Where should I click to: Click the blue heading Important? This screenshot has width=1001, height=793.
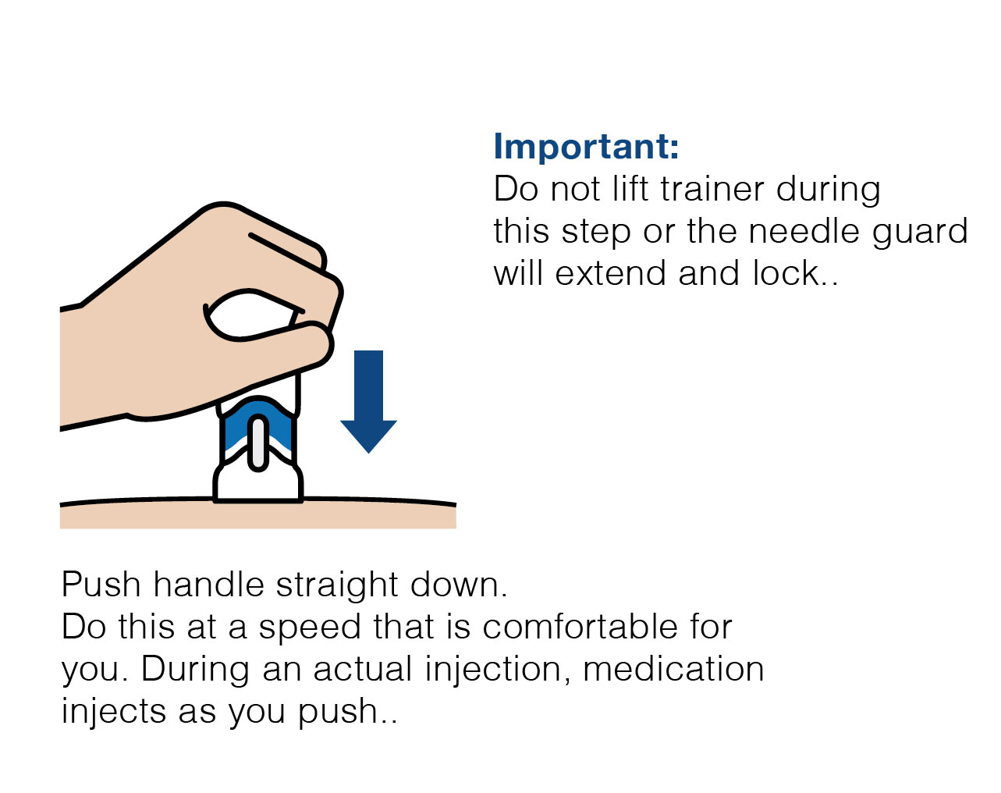586,147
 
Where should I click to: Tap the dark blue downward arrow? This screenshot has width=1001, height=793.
368,402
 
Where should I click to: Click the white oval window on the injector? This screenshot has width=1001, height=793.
258,443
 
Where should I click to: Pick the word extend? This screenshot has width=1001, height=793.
610,272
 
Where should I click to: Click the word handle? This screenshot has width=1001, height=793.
209,584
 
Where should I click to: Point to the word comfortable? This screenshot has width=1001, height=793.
580,627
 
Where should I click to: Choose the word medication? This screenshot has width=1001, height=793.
673,669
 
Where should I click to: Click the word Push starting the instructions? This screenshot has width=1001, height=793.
101,584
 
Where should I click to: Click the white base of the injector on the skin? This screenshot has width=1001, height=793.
258,484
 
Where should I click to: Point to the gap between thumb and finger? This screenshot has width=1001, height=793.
251,315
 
